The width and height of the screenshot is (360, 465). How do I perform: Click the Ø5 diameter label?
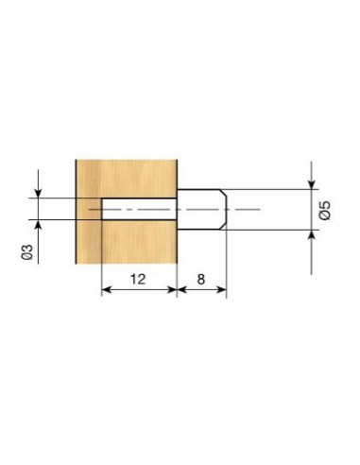coord(326,210)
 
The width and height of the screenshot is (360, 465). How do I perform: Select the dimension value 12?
coord(137,281)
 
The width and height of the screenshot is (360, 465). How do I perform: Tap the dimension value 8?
coord(200,281)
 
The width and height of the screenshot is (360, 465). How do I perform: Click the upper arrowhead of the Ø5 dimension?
coord(311,183)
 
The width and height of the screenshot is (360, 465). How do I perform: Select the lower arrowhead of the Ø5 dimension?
coord(311,235)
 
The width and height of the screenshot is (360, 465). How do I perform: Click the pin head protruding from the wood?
coord(200,209)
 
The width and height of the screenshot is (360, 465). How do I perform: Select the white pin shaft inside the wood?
coord(137,209)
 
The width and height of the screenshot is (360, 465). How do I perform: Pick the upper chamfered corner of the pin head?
coord(223,192)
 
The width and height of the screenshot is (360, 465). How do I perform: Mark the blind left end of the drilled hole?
coord(101,209)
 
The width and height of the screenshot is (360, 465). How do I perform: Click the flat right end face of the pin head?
coord(227,209)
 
